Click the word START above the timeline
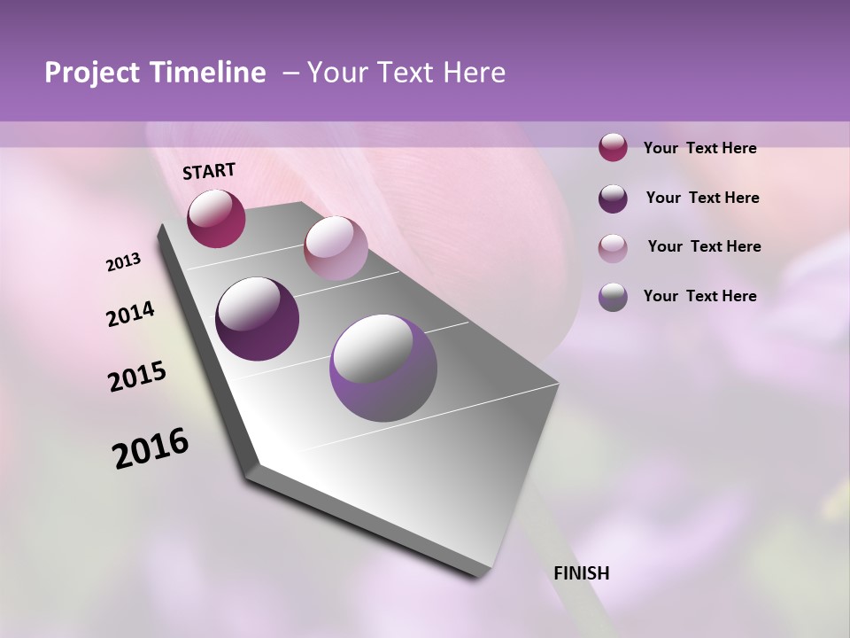tap(209, 171)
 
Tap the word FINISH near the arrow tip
tap(582, 573)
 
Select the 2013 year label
tap(123, 262)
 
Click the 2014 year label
tap(130, 315)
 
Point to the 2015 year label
tap(137, 377)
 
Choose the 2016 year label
tap(151, 448)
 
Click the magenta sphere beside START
tap(216, 218)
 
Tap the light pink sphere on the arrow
tap(336, 247)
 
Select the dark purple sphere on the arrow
tap(258, 318)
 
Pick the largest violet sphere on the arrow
tap(383, 368)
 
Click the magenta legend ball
tap(613, 148)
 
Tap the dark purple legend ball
tap(613, 198)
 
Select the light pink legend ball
tap(613, 247)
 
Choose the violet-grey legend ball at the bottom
tap(613, 297)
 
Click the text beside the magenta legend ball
tap(699, 149)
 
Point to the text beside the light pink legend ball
tap(704, 246)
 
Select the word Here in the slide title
tap(474, 73)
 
